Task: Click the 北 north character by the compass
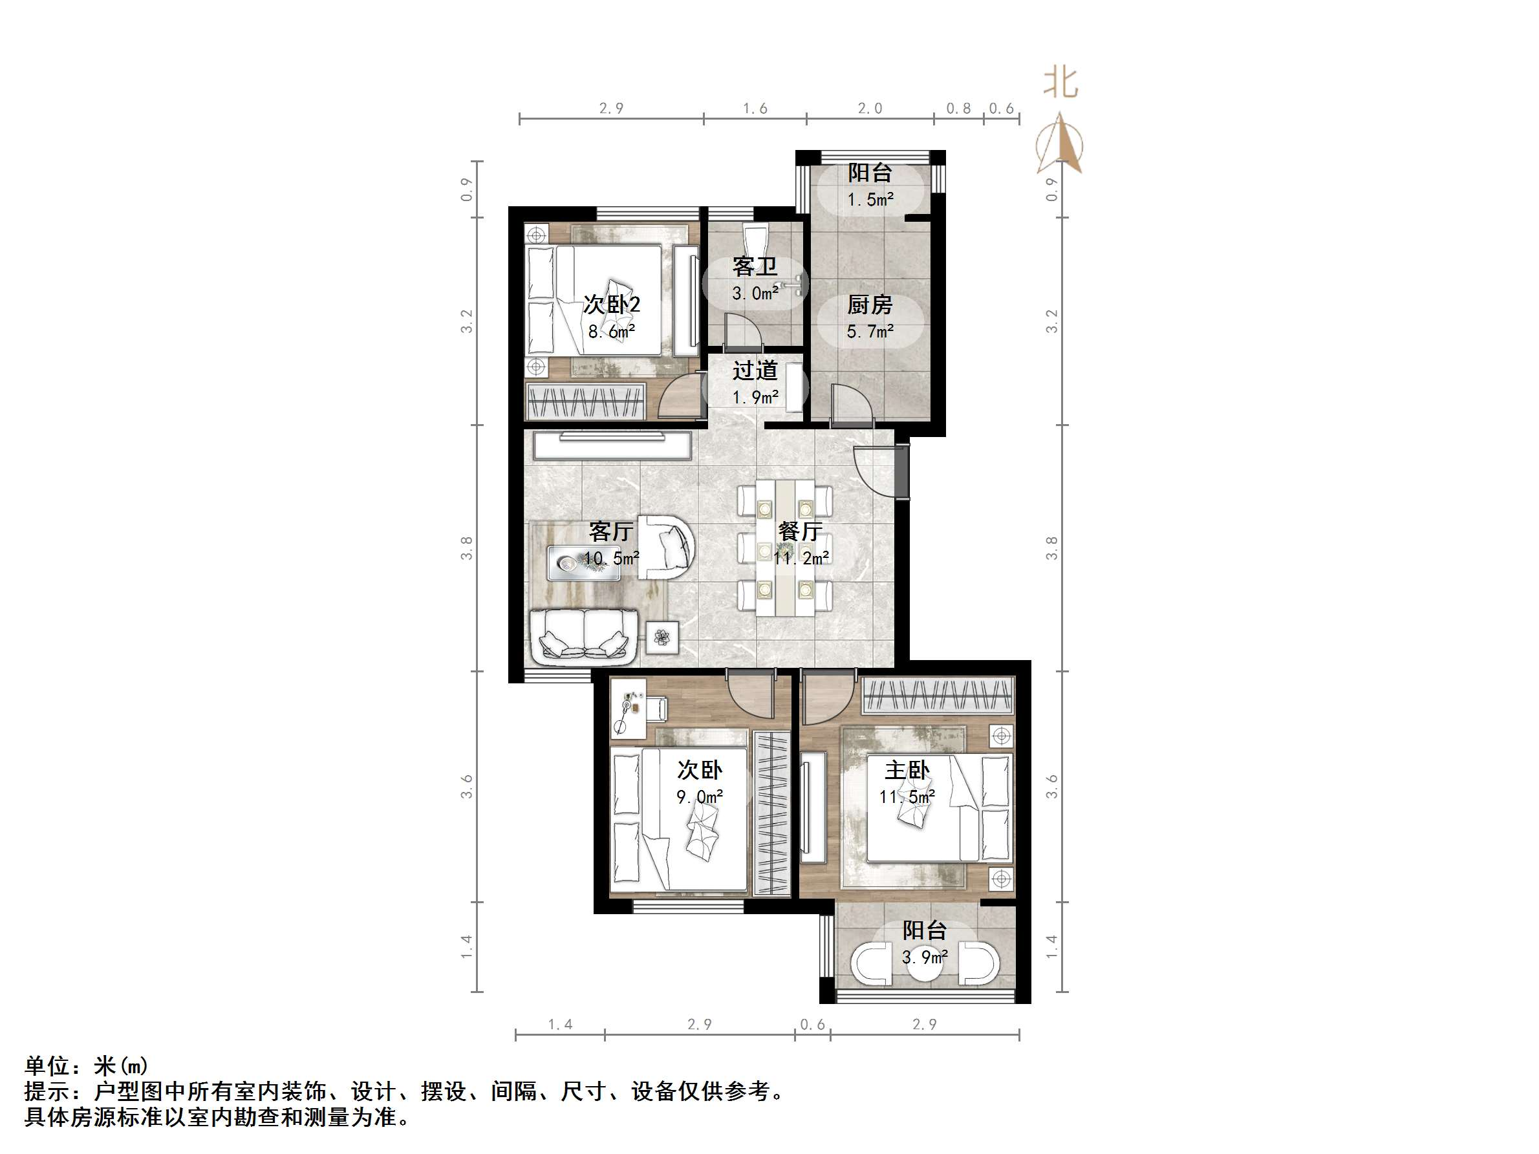coord(1060,83)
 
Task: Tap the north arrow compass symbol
coord(1060,144)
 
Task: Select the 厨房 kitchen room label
coord(870,305)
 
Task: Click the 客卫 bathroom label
coord(754,267)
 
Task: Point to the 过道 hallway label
coord(754,370)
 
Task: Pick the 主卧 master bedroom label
coord(907,770)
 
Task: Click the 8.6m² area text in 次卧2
coord(612,332)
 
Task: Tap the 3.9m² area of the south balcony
coord(925,958)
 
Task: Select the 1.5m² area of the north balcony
coord(870,200)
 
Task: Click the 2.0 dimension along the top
coord(870,109)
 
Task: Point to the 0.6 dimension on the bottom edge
coord(812,1025)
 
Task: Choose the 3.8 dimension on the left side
coord(466,548)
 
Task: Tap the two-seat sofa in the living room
coord(584,634)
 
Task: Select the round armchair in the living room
coord(667,547)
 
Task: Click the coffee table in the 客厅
coord(583,562)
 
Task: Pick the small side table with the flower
coord(662,636)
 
